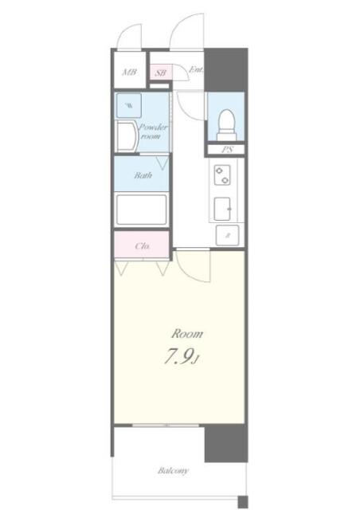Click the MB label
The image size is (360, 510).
coord(127,73)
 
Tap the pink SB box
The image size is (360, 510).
coord(160,73)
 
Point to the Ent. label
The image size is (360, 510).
coord(195,69)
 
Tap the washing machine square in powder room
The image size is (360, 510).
coord(129,104)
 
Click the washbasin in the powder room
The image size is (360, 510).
coord(125,136)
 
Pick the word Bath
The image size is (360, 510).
coord(143,175)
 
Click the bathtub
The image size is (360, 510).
coord(141,210)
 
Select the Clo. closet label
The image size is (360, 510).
coord(143,245)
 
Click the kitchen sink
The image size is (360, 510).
coord(225,208)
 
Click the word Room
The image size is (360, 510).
coord(187,333)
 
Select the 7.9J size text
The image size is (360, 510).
coord(181,357)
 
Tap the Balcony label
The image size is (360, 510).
coord(173,471)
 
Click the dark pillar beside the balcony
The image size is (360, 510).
coord(224,442)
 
